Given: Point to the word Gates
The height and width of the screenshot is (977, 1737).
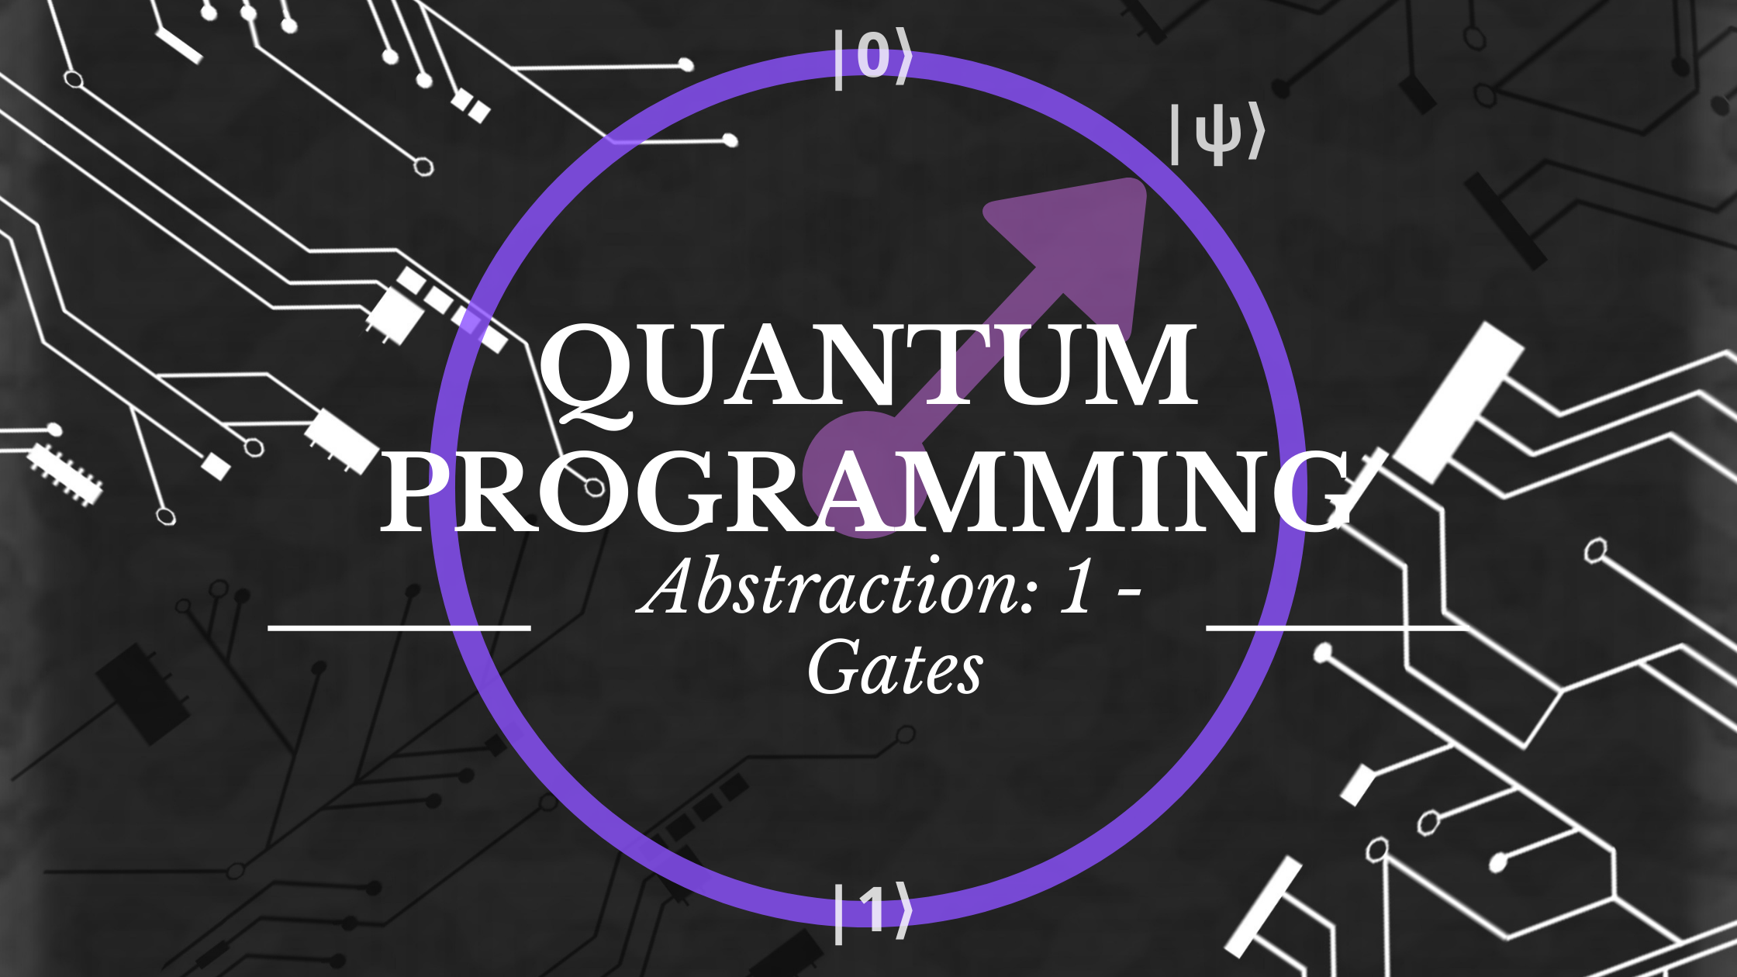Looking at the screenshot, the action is (896, 668).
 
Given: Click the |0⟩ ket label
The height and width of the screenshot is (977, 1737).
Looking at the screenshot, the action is (873, 57).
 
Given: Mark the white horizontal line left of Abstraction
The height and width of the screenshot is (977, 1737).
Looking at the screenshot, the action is (399, 626).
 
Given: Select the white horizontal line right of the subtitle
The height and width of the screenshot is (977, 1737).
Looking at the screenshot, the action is (1335, 626).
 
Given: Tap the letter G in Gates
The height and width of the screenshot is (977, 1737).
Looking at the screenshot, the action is (836, 666).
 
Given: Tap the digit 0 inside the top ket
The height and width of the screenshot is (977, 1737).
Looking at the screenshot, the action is (873, 57).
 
